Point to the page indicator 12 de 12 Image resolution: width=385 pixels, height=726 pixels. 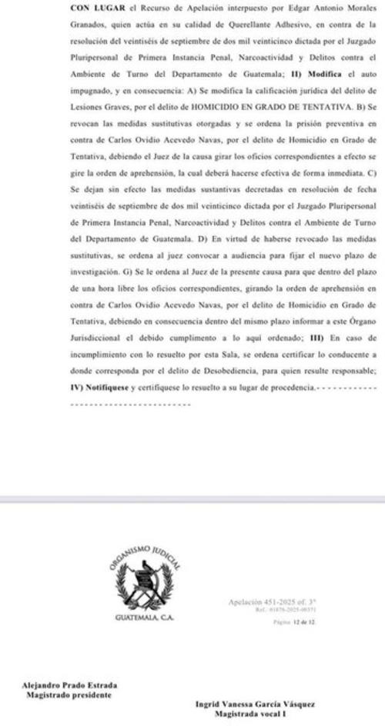[x=273, y=626]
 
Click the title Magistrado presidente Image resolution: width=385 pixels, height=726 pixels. [x=70, y=696]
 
